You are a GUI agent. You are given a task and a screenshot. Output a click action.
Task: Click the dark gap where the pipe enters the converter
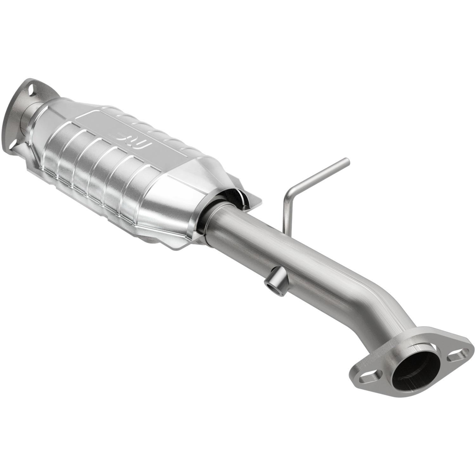[232, 197]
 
